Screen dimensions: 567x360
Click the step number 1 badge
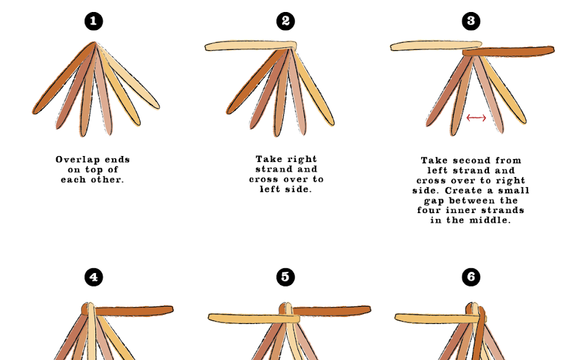tap(94, 21)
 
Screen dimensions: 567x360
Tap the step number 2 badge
tap(286, 21)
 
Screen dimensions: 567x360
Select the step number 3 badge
tap(471, 21)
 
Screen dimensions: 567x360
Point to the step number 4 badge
tap(94, 277)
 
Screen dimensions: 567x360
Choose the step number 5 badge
tap(286, 277)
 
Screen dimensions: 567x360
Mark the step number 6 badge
tap(471, 277)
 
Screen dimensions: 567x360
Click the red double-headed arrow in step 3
tap(476, 118)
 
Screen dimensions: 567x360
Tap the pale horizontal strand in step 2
tap(251, 46)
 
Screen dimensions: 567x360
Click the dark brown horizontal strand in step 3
tap(508, 52)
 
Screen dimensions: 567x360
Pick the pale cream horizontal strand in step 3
tap(436, 46)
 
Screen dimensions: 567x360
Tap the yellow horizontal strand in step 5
tap(254, 319)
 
